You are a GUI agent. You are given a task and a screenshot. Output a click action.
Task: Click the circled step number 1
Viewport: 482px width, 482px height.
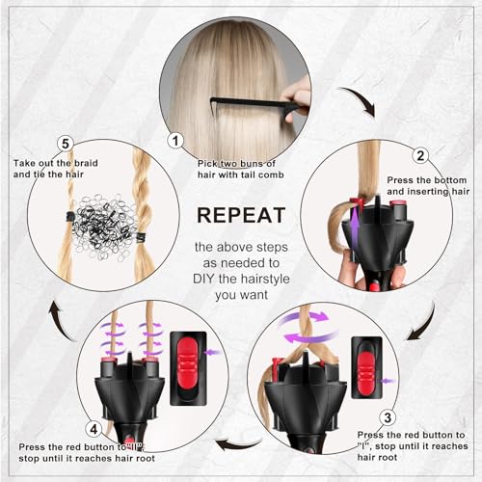click(175, 140)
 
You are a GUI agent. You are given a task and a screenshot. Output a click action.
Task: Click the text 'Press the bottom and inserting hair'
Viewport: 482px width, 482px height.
click(430, 185)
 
